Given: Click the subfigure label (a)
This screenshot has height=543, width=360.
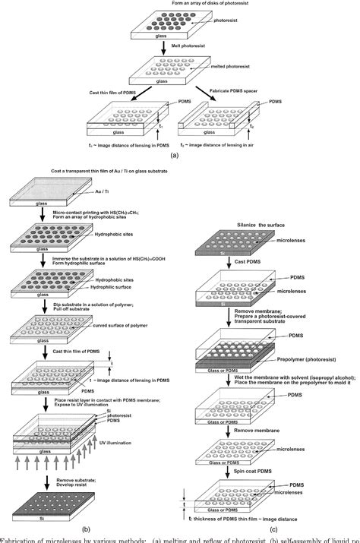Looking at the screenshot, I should coord(175,156).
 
